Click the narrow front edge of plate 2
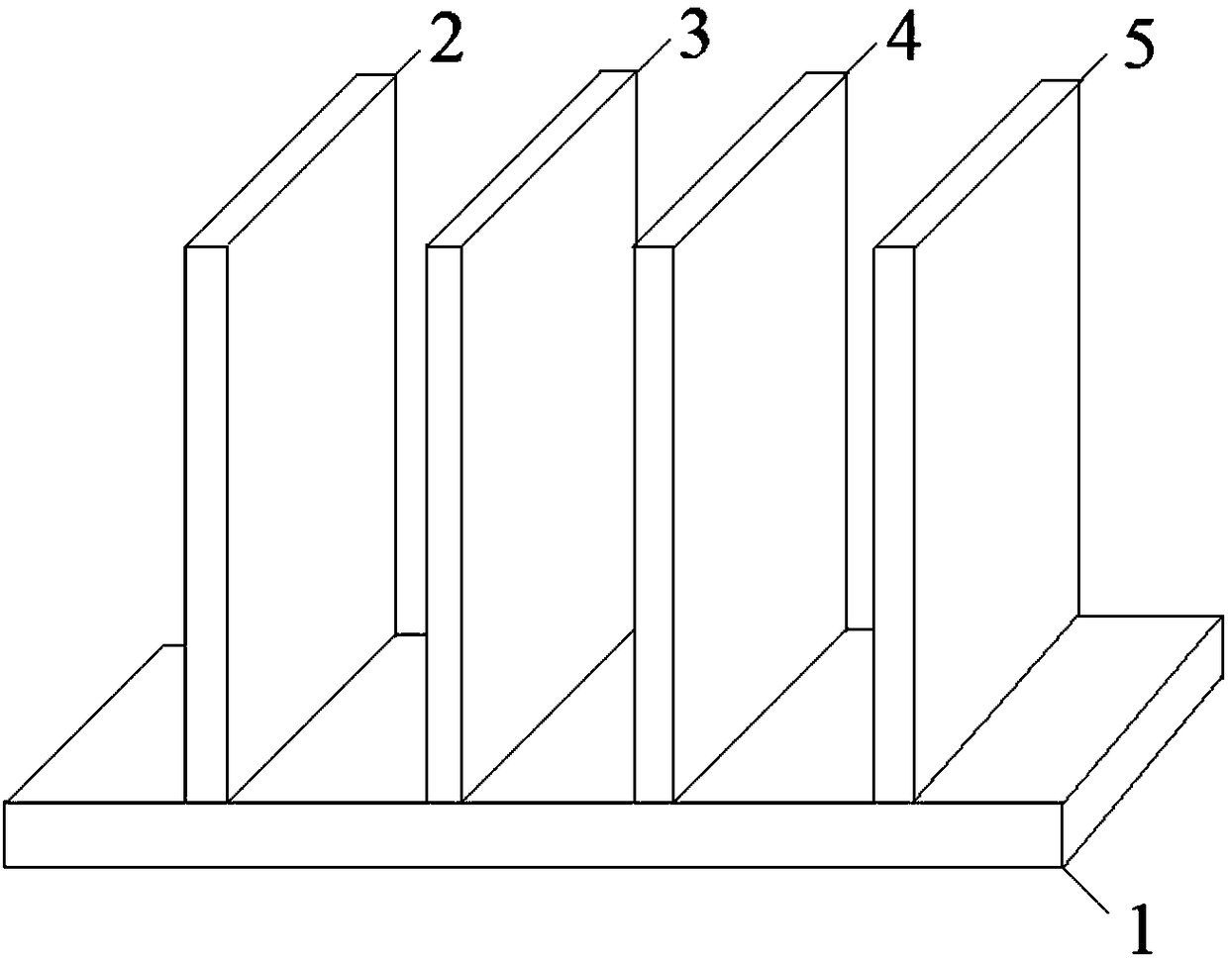tap(206, 525)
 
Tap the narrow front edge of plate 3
tap(444, 525)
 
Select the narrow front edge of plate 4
tap(653, 525)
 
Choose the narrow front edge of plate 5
tap(892, 525)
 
